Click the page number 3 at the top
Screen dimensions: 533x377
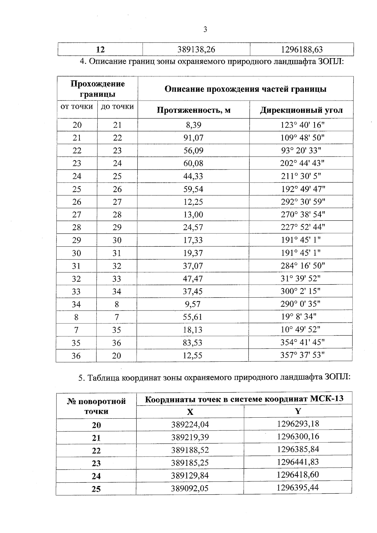205,30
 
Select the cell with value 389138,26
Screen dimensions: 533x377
196,49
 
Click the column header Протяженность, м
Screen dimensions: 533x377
194,110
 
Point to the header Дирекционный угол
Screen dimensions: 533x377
301,110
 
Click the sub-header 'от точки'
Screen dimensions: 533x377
77,107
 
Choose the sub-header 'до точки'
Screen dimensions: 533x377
117,107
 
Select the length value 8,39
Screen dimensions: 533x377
193,125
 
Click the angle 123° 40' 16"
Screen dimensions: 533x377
302,125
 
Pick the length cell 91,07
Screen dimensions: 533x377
193,138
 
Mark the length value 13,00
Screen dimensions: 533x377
193,215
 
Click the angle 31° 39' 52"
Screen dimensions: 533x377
300,278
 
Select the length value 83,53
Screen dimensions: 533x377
193,343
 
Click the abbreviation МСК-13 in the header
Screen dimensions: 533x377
326,399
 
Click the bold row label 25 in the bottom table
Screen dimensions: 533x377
96,489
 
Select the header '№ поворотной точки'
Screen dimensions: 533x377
96,406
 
